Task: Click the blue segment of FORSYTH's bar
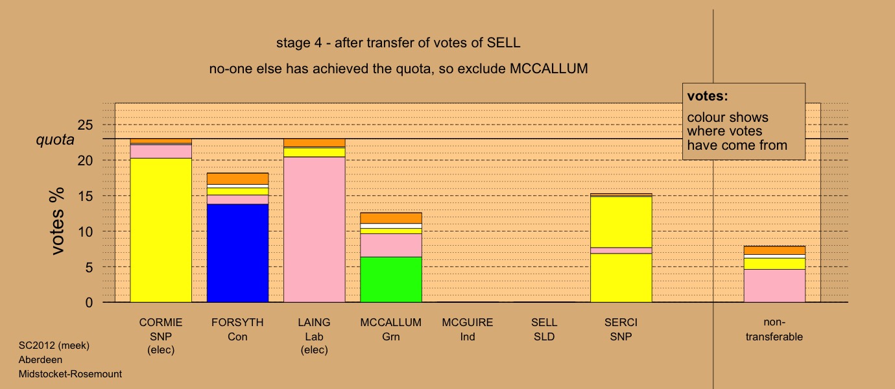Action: click(x=237, y=253)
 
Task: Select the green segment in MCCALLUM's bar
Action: click(x=391, y=279)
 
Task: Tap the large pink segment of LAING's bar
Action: click(x=314, y=230)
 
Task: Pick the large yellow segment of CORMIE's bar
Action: click(x=161, y=230)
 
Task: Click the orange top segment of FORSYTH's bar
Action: click(x=237, y=178)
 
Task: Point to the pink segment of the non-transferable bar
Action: click(x=774, y=286)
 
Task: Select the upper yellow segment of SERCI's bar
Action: click(x=621, y=222)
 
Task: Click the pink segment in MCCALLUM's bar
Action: click(x=391, y=245)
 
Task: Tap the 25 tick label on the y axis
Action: click(x=85, y=125)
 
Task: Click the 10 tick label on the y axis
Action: click(x=85, y=231)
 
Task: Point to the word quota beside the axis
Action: click(x=55, y=140)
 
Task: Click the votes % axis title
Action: click(x=57, y=221)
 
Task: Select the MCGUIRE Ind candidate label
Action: click(x=468, y=329)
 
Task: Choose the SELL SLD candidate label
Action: click(x=544, y=329)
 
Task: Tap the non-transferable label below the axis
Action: click(x=774, y=329)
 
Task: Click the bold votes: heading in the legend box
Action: click(x=708, y=96)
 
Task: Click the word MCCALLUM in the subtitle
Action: click(x=549, y=69)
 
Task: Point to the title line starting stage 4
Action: click(x=398, y=43)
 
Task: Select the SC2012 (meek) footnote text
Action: click(x=54, y=346)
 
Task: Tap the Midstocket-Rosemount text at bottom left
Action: click(x=70, y=374)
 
